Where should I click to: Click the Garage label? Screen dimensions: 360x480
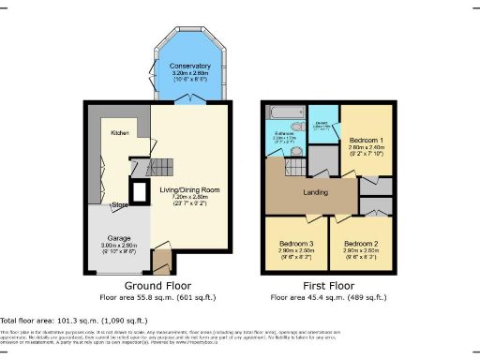pyautogui.click(x=117, y=237)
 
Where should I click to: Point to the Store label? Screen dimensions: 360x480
pyautogui.click(x=120, y=204)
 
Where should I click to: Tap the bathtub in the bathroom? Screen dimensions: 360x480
pyautogui.click(x=284, y=113)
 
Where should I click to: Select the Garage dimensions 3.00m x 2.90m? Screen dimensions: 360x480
pyautogui.click(x=117, y=245)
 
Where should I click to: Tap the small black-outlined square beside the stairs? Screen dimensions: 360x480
pyautogui.click(x=139, y=193)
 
